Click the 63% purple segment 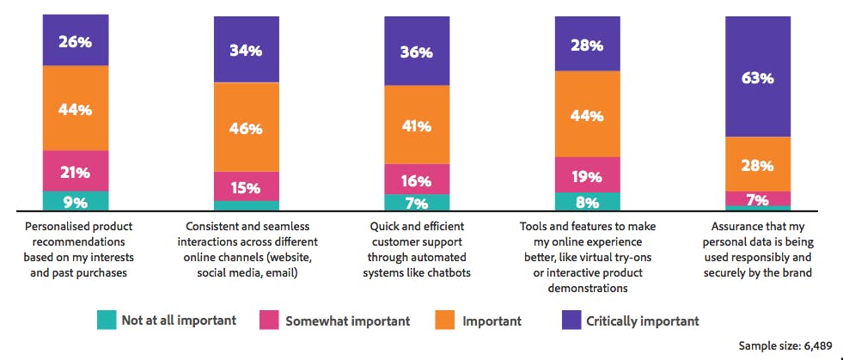tap(758, 77)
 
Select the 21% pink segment tap(76, 171)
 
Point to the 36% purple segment tap(417, 52)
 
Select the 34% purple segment tap(246, 49)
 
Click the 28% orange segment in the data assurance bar tap(758, 164)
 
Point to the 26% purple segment tap(76, 40)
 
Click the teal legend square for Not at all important tap(106, 320)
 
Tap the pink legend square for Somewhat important tap(269, 320)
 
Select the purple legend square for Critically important tap(572, 320)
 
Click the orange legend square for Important tap(449, 320)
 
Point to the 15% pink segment tap(246, 186)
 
